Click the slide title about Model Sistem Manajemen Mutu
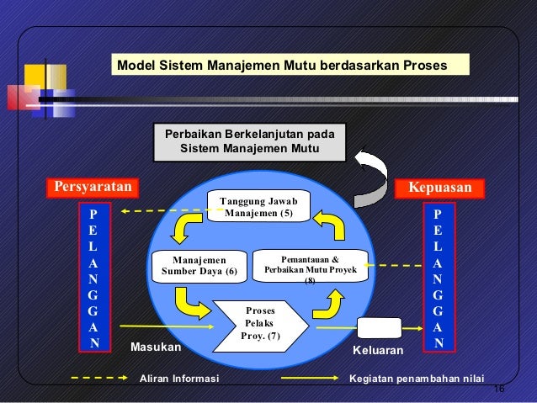(x=281, y=66)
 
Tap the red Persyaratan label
(x=91, y=187)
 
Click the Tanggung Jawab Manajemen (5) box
(x=258, y=206)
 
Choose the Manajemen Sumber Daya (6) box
(x=199, y=266)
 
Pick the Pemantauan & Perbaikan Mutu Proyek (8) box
(x=311, y=266)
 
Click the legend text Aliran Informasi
(x=178, y=379)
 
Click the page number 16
(x=497, y=389)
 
